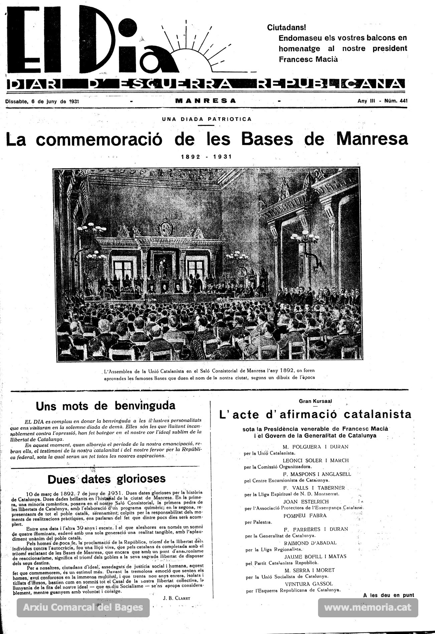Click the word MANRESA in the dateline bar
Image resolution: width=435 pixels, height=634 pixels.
pyautogui.click(x=205, y=100)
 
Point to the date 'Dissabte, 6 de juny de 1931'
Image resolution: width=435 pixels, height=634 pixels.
pyautogui.click(x=42, y=101)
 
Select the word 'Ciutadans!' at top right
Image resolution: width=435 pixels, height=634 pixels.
pyautogui.click(x=286, y=28)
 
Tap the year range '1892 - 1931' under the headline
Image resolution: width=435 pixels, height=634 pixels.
pyautogui.click(x=206, y=157)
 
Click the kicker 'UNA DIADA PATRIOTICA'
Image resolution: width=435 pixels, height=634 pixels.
pyautogui.click(x=206, y=119)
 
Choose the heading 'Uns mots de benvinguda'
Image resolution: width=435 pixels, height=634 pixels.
pyautogui.click(x=106, y=406)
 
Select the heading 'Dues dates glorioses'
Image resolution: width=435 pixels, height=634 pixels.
pyautogui.click(x=107, y=479)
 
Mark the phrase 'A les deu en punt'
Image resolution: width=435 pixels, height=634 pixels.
pyautogui.click(x=389, y=595)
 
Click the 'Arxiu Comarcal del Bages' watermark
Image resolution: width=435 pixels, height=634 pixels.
pyautogui.click(x=83, y=608)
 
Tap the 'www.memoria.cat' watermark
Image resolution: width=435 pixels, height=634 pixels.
pyautogui.click(x=368, y=608)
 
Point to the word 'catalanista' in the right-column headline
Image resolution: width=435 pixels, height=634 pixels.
pyautogui.click(x=378, y=414)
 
